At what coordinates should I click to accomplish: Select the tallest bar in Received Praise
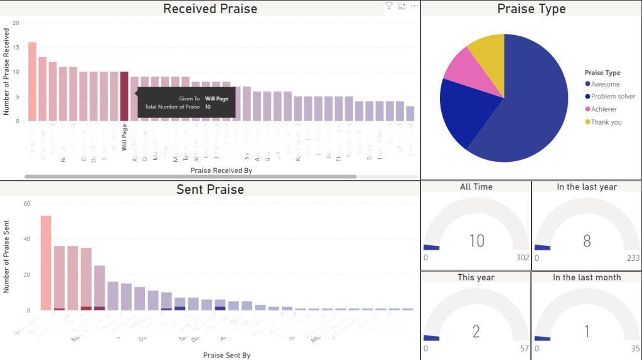[x=32, y=82]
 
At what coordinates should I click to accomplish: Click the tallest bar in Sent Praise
[x=46, y=263]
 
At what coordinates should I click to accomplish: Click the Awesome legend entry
[x=605, y=84]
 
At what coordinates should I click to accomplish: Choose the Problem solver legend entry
[x=613, y=97]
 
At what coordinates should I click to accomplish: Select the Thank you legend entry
[x=606, y=122]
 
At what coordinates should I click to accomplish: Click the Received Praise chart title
[x=210, y=9]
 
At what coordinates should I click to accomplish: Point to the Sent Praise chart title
[x=210, y=189]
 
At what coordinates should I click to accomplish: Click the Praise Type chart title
[x=531, y=9]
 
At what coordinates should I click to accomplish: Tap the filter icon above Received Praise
[x=389, y=6]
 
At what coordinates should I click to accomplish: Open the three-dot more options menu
[x=414, y=6]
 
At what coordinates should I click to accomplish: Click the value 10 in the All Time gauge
[x=477, y=240]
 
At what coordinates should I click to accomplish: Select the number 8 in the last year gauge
[x=587, y=241]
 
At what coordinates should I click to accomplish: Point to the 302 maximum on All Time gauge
[x=522, y=258]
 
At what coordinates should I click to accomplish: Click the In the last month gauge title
[x=587, y=277]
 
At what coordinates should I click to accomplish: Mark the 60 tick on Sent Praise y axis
[x=26, y=203]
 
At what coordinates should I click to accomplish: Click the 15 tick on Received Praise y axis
[x=16, y=47]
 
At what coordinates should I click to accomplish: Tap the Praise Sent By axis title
[x=227, y=355]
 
